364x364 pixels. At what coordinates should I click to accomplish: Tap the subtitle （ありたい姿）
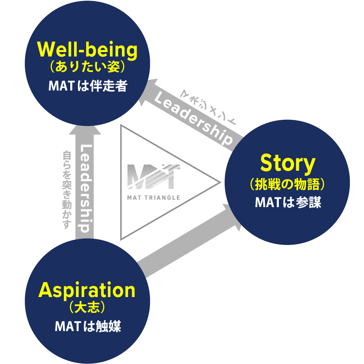87,67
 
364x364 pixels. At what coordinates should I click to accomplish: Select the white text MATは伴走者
87,86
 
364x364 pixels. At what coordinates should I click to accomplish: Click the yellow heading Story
287,164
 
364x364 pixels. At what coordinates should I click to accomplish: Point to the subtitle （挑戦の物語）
287,184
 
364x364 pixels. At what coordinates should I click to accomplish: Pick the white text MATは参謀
288,202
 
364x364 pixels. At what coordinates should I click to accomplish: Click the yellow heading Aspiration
87,290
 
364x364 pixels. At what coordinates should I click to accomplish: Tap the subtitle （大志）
87,308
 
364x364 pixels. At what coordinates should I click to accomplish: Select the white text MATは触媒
87,326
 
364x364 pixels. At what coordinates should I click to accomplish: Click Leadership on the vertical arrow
85,189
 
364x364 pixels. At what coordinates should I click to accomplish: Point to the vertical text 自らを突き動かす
67,190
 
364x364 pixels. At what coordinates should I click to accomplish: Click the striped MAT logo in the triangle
153,177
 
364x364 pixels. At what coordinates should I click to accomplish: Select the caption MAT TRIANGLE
154,198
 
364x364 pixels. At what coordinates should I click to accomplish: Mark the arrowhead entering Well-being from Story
152,89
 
